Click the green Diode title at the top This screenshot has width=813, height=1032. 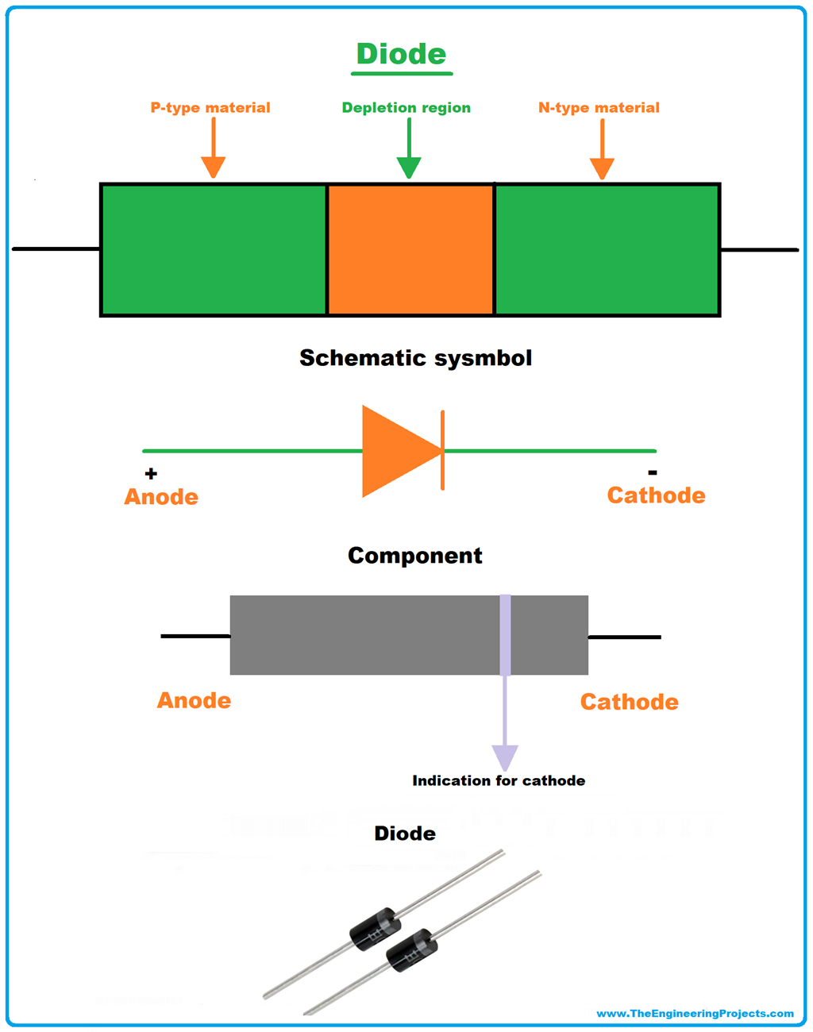[x=401, y=54]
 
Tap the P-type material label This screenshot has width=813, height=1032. [x=210, y=107]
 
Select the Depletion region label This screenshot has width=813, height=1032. [x=406, y=107]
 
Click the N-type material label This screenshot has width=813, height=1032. [x=599, y=107]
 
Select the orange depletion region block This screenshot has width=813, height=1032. [x=410, y=249]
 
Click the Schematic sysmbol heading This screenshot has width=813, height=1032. [x=415, y=358]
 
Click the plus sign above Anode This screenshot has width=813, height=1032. [x=151, y=474]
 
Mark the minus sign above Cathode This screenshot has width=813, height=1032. [x=653, y=473]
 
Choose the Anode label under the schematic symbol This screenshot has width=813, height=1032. [x=161, y=497]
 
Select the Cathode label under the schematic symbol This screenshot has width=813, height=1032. [x=656, y=495]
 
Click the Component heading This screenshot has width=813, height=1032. [x=414, y=556]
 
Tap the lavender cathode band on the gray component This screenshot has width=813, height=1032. [x=505, y=634]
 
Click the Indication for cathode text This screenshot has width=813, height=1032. [x=499, y=780]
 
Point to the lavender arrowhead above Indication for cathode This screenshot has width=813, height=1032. [x=505, y=757]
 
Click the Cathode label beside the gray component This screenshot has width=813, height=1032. [x=629, y=702]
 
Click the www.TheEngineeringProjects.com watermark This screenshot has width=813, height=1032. [x=695, y=1014]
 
